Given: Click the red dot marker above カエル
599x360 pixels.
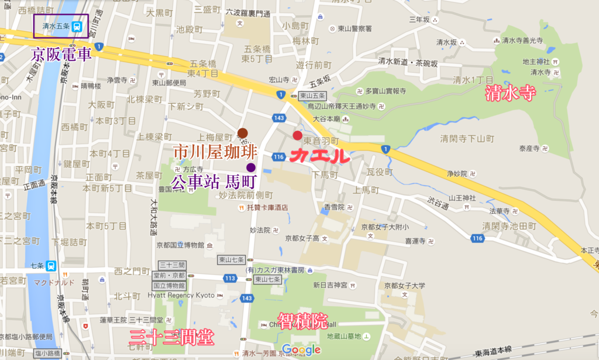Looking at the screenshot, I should pos(297,136).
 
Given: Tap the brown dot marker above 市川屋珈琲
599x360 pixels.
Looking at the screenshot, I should pos(243,133).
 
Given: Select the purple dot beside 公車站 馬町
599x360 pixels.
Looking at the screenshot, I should pos(251,167).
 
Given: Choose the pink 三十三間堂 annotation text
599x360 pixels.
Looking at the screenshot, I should pos(171,337).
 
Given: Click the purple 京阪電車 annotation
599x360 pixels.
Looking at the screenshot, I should pos(62,56).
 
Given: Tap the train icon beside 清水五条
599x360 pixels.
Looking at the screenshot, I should pos(78,26).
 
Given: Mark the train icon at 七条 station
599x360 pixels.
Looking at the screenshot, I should pos(52,266).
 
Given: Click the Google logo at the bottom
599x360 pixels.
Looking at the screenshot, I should pos(301,350).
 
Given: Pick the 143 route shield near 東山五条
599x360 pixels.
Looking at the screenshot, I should pos(278,118).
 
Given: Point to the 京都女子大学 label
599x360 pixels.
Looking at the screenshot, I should pos(404,286).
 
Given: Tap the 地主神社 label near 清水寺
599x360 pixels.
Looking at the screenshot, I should pos(536,61).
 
